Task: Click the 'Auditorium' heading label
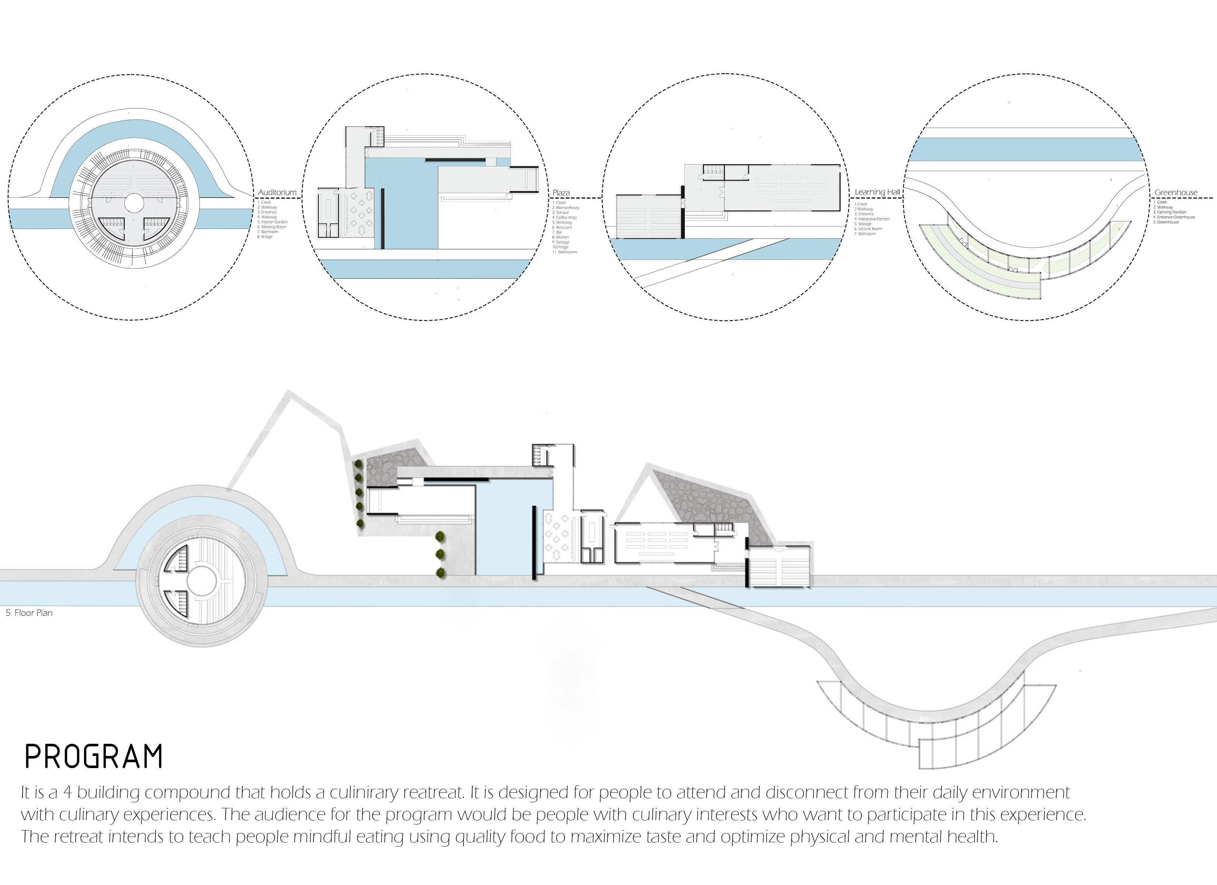click(x=277, y=192)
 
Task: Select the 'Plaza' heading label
click(x=561, y=192)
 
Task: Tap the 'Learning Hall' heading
click(x=877, y=192)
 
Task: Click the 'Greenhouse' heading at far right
click(x=1176, y=192)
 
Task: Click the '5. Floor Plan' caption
click(x=30, y=613)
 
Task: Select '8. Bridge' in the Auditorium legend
click(x=265, y=237)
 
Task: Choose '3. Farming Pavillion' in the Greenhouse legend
click(x=1170, y=212)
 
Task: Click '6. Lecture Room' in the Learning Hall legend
click(x=868, y=229)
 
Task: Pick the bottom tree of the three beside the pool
click(x=441, y=573)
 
